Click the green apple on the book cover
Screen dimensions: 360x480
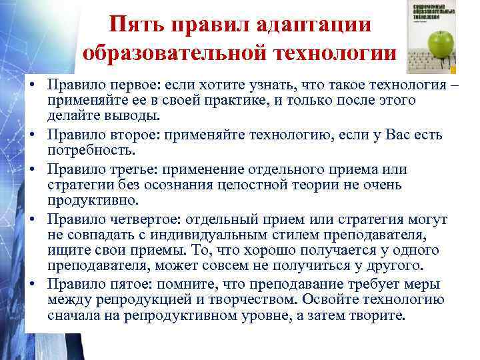[441, 46]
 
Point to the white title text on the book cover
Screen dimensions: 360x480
[429, 13]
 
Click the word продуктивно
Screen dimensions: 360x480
[93, 200]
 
